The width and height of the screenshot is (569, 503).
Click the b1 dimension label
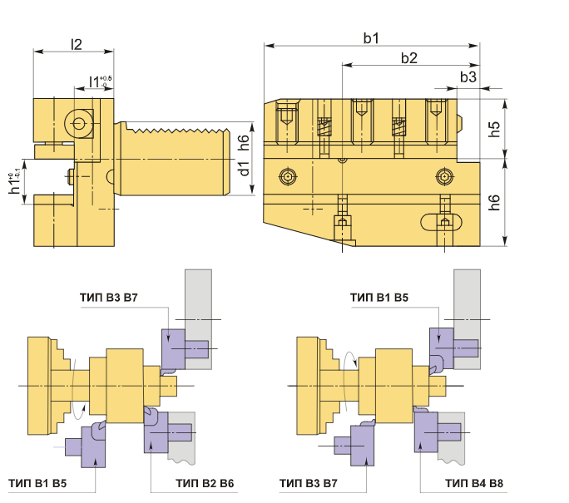(371, 38)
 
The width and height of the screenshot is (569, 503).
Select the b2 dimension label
(409, 57)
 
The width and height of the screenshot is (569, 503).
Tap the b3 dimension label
(468, 76)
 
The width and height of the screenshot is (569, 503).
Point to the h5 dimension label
(494, 129)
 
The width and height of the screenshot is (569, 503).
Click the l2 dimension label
(77, 44)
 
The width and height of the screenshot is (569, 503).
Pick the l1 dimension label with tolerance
(100, 82)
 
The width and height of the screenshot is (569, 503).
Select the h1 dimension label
(14, 184)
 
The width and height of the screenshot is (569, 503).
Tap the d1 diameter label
(245, 167)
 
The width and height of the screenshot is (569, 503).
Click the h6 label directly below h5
(494, 202)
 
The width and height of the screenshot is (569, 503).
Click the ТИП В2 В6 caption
(205, 483)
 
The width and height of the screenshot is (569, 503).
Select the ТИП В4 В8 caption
(474, 483)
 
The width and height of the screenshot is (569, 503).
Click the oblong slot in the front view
(441, 222)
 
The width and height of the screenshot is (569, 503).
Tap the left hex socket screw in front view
(288, 176)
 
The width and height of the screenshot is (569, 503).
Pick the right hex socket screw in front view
(444, 176)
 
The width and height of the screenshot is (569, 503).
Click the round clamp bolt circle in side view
(79, 123)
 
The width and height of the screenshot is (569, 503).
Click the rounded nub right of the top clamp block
(460, 123)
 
